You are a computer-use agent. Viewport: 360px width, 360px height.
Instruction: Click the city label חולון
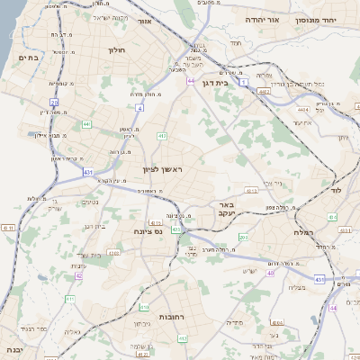(x=116, y=51)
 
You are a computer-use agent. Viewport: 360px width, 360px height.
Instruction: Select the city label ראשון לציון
(x=161, y=169)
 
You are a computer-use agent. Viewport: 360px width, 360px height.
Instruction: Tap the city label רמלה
(x=302, y=232)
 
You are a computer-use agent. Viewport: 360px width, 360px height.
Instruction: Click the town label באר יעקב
(x=227, y=210)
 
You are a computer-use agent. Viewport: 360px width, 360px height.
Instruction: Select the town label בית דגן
(x=237, y=82)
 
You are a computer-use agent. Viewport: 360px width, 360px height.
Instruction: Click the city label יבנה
(x=13, y=348)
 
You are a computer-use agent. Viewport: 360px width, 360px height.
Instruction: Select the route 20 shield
(x=54, y=103)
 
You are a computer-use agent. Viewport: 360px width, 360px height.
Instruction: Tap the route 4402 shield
(x=265, y=91)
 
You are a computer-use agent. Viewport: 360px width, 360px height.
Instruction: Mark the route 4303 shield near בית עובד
(x=113, y=254)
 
